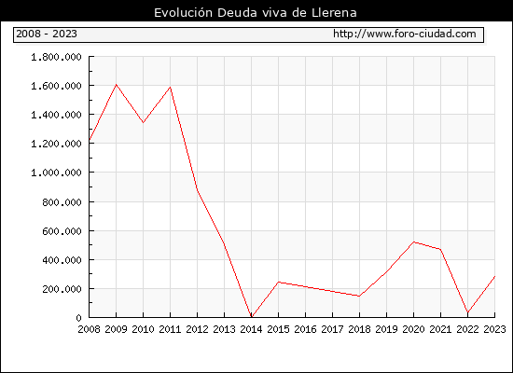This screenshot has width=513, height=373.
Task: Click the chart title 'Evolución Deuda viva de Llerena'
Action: pos(256,13)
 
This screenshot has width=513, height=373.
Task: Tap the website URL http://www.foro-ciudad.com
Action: pos(405,34)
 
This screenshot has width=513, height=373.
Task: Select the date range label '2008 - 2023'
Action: pos(47,34)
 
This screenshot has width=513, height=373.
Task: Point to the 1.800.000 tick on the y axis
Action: pos(56,57)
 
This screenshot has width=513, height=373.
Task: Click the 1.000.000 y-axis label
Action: pos(56,173)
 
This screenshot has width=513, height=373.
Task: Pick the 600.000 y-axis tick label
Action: pos(62,231)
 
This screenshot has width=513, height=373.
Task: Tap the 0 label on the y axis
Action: pos(79,318)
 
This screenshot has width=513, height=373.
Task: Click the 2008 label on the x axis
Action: pos(89,329)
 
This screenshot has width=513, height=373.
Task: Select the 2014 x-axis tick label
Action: pos(251,329)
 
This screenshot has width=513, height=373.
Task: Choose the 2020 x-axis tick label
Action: pos(413,329)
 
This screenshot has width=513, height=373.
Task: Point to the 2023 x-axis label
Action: pos(494,329)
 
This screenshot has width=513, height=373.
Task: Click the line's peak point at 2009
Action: pos(117,85)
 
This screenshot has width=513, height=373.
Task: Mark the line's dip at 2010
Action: pos(143,122)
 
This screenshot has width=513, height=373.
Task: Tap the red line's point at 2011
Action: pos(170,88)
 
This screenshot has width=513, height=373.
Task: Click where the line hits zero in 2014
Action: pos(251,317)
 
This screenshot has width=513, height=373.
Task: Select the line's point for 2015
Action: pos(279,282)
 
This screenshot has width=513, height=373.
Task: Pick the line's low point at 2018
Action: pos(359,297)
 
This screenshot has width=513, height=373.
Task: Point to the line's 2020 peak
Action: pos(413,242)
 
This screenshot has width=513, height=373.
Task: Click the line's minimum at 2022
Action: pos(467,312)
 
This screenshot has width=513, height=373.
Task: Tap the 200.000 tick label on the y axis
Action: pos(62,289)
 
